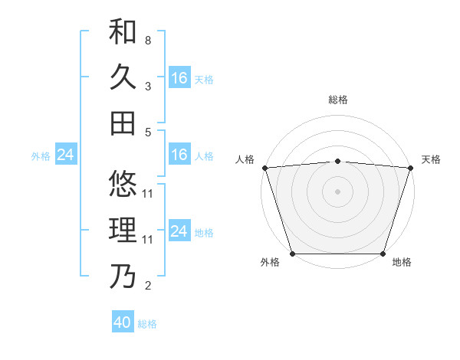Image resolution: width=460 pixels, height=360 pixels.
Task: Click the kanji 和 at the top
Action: (123, 32)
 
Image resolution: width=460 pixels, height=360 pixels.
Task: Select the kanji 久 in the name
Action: (123, 77)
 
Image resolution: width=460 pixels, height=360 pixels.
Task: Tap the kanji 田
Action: (123, 123)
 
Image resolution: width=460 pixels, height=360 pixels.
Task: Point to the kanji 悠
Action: (123, 185)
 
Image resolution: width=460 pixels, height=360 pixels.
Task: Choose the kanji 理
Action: (123, 231)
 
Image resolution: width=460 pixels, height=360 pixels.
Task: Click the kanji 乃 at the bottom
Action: (123, 277)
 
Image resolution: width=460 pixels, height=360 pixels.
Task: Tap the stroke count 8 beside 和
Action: (148, 39)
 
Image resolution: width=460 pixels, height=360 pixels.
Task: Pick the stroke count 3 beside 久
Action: (148, 87)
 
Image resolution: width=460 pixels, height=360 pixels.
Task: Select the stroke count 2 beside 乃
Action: (148, 286)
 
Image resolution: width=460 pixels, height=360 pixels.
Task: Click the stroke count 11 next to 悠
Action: (148, 193)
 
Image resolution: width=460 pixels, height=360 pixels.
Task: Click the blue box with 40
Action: (123, 322)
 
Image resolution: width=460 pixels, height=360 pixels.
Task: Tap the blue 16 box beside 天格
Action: (179, 78)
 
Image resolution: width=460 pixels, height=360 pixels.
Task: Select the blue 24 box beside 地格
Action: (179, 231)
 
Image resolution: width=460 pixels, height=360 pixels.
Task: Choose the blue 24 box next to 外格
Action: (66, 155)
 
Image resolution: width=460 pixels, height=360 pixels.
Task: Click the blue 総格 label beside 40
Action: (147, 324)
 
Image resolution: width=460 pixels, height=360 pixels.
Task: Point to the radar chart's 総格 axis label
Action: (337, 100)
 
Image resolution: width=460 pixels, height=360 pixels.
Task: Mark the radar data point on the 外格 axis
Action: (292, 254)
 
